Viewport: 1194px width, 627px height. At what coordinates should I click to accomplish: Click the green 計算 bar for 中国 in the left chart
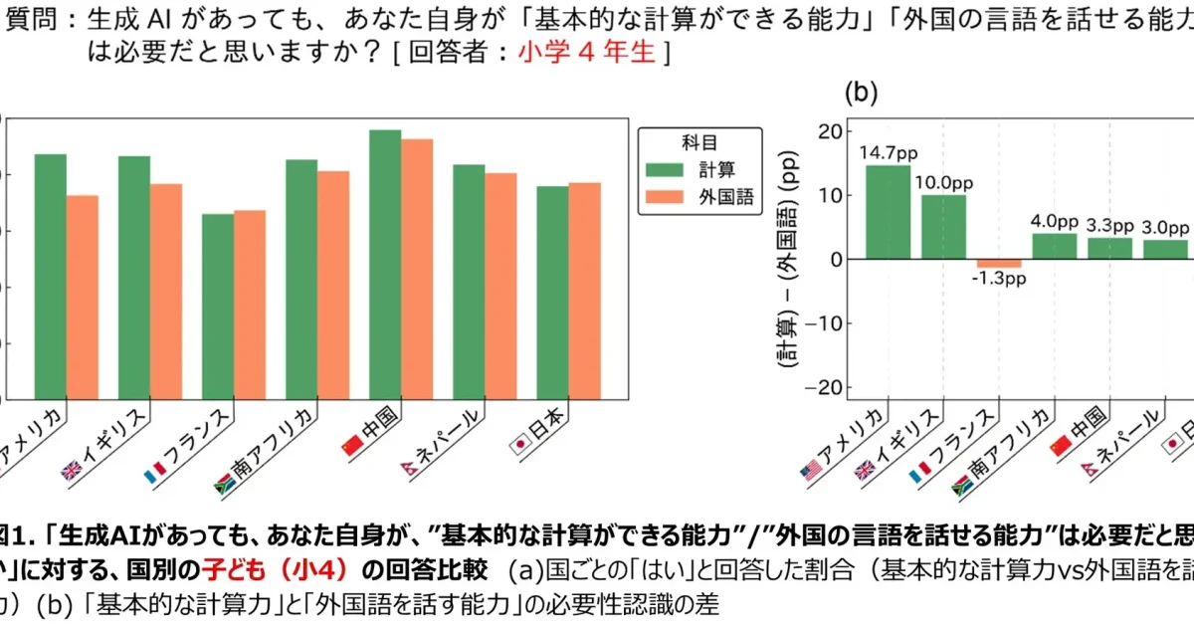385,264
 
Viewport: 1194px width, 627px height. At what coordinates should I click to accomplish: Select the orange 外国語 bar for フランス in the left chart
250,304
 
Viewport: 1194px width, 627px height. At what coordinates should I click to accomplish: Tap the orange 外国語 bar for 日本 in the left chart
585,291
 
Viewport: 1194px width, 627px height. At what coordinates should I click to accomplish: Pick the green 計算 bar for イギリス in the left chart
134,277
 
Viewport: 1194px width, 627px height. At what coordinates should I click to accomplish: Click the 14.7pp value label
888,152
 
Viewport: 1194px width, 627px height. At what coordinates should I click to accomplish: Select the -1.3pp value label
999,279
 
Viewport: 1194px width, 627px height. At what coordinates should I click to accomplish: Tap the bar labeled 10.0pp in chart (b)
943,227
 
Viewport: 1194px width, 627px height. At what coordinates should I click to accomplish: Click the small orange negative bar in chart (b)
999,263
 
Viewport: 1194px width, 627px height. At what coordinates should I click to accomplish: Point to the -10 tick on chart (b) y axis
828,323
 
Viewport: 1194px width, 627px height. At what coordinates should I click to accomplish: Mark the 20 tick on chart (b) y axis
830,131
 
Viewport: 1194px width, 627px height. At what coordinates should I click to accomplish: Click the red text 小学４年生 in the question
587,53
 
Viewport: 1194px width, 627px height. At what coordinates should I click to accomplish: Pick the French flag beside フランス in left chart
155,469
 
